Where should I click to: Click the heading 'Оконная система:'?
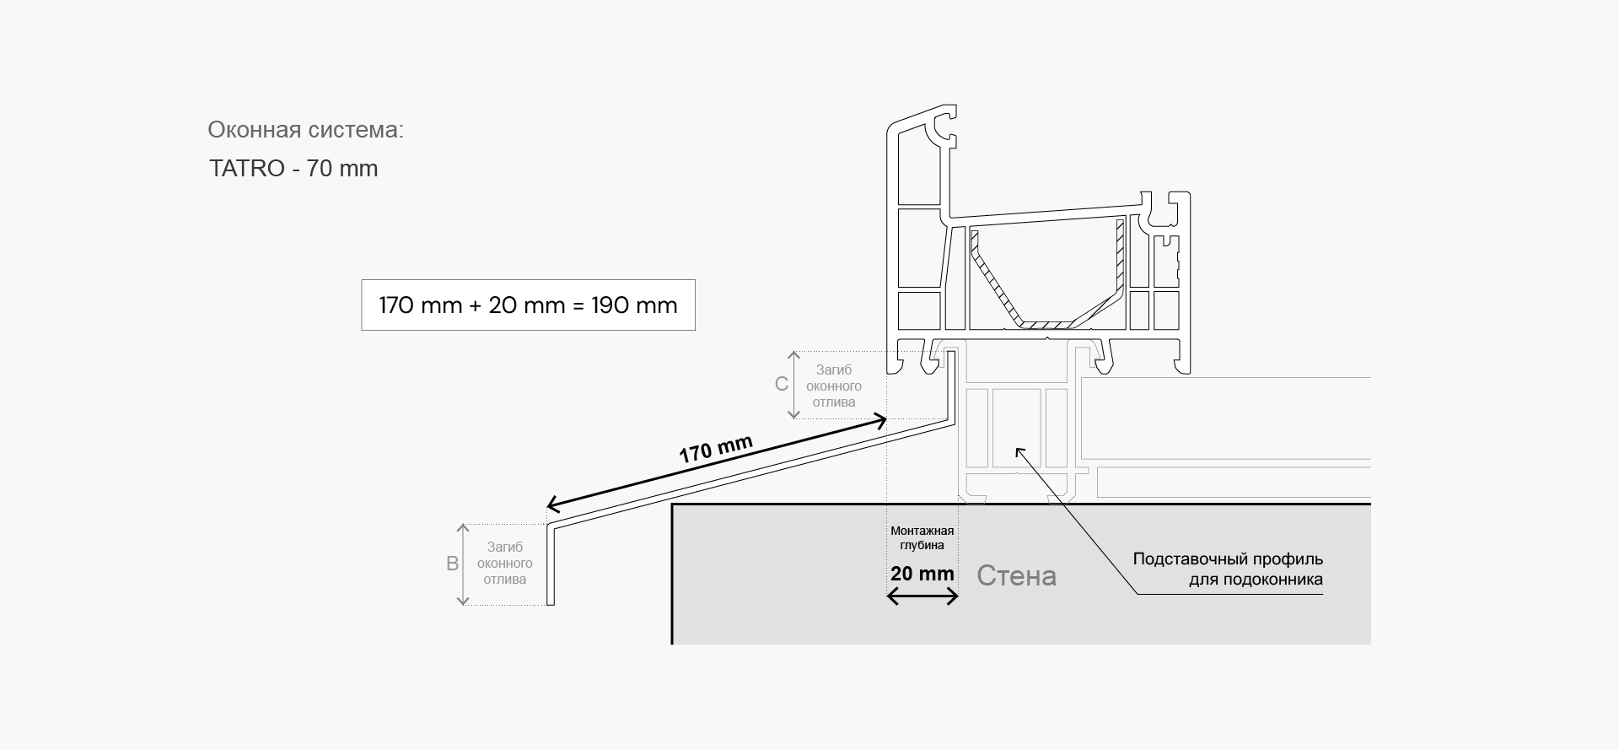click(305, 130)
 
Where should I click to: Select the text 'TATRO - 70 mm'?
click(293, 169)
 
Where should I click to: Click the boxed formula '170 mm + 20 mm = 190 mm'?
click(528, 305)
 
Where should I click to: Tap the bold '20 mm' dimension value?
click(922, 574)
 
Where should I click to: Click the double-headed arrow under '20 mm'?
click(922, 596)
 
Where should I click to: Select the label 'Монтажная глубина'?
click(922, 537)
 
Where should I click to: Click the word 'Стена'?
click(1016, 575)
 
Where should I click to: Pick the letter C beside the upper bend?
click(782, 384)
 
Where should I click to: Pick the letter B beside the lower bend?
click(452, 564)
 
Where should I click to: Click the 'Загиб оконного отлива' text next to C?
click(834, 386)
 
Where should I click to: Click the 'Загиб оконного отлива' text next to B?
click(505, 564)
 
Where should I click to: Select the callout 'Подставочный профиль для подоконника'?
click(1228, 569)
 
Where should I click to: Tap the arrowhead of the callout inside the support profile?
click(1019, 451)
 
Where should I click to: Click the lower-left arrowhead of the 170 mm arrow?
click(552, 504)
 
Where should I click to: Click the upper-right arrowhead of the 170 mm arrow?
click(880, 419)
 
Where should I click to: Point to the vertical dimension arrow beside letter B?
click(462, 564)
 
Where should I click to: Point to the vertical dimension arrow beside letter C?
click(793, 385)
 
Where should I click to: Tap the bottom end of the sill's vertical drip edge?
click(551, 604)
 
